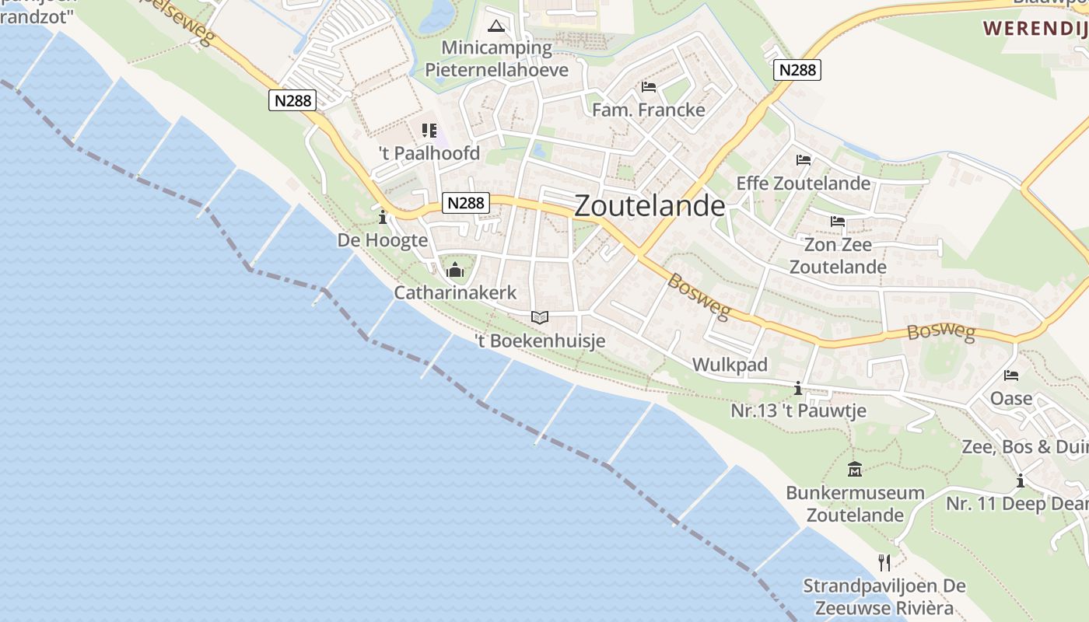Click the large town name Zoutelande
(x=650, y=206)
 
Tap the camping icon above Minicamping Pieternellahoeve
(x=495, y=26)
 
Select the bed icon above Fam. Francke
(x=648, y=86)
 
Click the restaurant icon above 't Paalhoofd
(x=429, y=130)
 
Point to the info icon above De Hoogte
(x=382, y=217)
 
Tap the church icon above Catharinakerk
(x=455, y=271)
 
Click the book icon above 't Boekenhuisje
(x=539, y=317)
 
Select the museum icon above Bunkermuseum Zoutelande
(x=855, y=469)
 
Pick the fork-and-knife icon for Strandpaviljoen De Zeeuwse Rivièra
(x=884, y=562)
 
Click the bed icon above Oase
(x=1010, y=376)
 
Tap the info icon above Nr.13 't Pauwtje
(x=797, y=388)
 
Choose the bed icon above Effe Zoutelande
(x=803, y=160)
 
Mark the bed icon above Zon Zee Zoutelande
(x=837, y=222)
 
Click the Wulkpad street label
(x=730, y=365)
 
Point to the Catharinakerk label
(x=455, y=293)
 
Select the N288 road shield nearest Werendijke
(x=797, y=70)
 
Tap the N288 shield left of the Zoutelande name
(x=466, y=203)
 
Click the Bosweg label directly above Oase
(x=940, y=332)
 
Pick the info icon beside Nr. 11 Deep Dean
(x=1020, y=481)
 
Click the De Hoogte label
(x=382, y=240)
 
